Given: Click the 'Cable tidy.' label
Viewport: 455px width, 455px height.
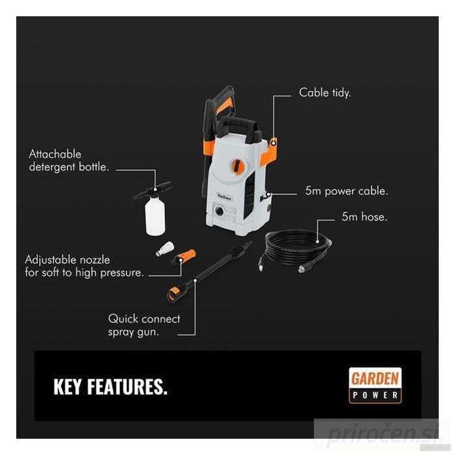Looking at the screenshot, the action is pyautogui.click(x=325, y=93).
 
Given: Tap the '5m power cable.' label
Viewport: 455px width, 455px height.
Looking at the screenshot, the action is pyautogui.click(x=347, y=191).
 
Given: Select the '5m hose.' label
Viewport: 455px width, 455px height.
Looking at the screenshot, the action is pyautogui.click(x=364, y=217).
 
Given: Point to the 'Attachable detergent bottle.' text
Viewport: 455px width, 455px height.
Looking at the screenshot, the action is pyautogui.click(x=69, y=160).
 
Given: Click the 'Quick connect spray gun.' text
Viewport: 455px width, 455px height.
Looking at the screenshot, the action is pyautogui.click(x=144, y=325).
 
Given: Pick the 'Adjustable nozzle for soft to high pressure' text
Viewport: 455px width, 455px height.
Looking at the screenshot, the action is pyautogui.click(x=84, y=266).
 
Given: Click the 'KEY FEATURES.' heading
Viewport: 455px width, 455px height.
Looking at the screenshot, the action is pyautogui.click(x=111, y=387).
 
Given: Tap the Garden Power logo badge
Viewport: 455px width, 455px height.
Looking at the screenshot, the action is pyautogui.click(x=375, y=385).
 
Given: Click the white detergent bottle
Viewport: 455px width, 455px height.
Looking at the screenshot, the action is pyautogui.click(x=155, y=215).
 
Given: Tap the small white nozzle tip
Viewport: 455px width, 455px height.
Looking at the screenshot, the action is pyautogui.click(x=165, y=248).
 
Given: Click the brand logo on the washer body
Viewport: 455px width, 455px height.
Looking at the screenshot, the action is pyautogui.click(x=225, y=198).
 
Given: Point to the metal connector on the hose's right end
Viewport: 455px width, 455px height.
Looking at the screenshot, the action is pyautogui.click(x=305, y=268).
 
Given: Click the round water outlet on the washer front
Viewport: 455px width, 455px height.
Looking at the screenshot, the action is pyautogui.click(x=220, y=211).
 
